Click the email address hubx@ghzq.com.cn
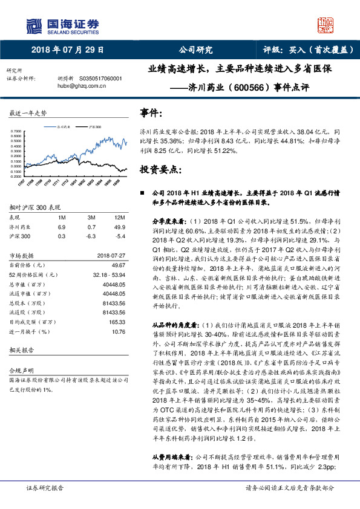[x=82, y=86]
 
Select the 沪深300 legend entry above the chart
[x=94, y=128]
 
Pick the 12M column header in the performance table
[x=119, y=216]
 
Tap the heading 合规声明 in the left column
[x=19, y=368]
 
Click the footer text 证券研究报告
[x=45, y=487]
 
